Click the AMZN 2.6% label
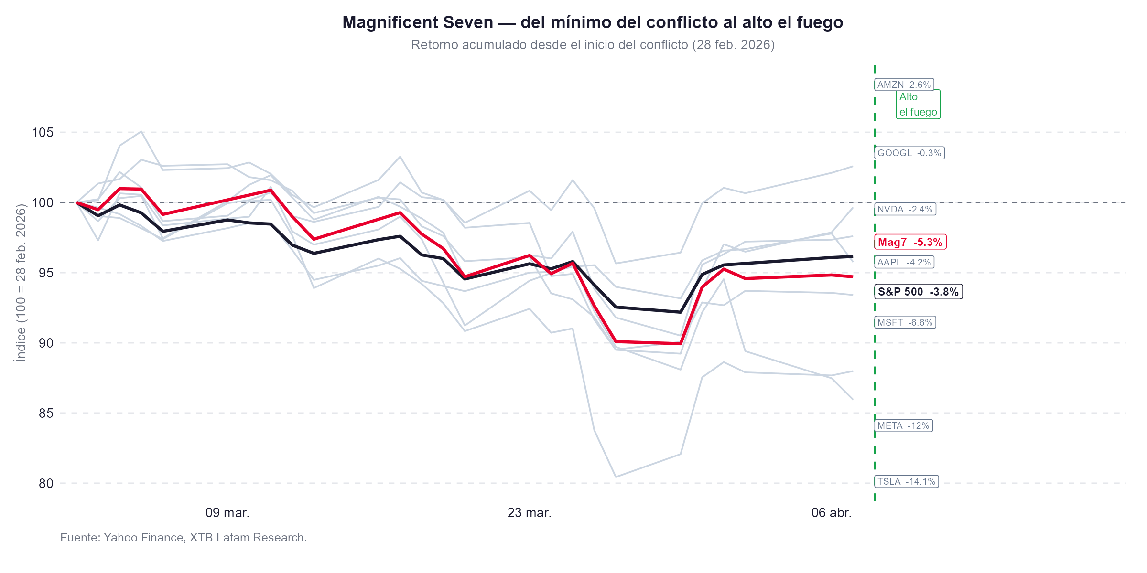[x=904, y=85]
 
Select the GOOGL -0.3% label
[x=909, y=153]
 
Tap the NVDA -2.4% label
[x=905, y=210]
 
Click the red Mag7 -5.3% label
[x=910, y=243]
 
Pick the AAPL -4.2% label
[x=904, y=263]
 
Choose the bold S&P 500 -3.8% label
[x=918, y=292]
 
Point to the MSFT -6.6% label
[x=905, y=323]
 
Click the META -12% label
[x=903, y=426]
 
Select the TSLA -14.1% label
[x=906, y=482]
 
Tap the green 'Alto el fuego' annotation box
[x=918, y=105]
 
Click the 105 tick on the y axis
[x=43, y=133]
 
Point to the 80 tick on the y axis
[x=46, y=484]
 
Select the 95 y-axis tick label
[x=46, y=273]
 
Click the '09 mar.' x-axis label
[x=227, y=513]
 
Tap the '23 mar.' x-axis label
[x=529, y=513]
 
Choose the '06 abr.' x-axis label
[x=831, y=513]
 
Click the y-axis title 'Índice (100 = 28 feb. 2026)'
[x=21, y=283]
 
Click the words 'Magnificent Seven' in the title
[x=418, y=22]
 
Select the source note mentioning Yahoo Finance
[x=184, y=538]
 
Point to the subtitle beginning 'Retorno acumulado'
[x=593, y=45]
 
